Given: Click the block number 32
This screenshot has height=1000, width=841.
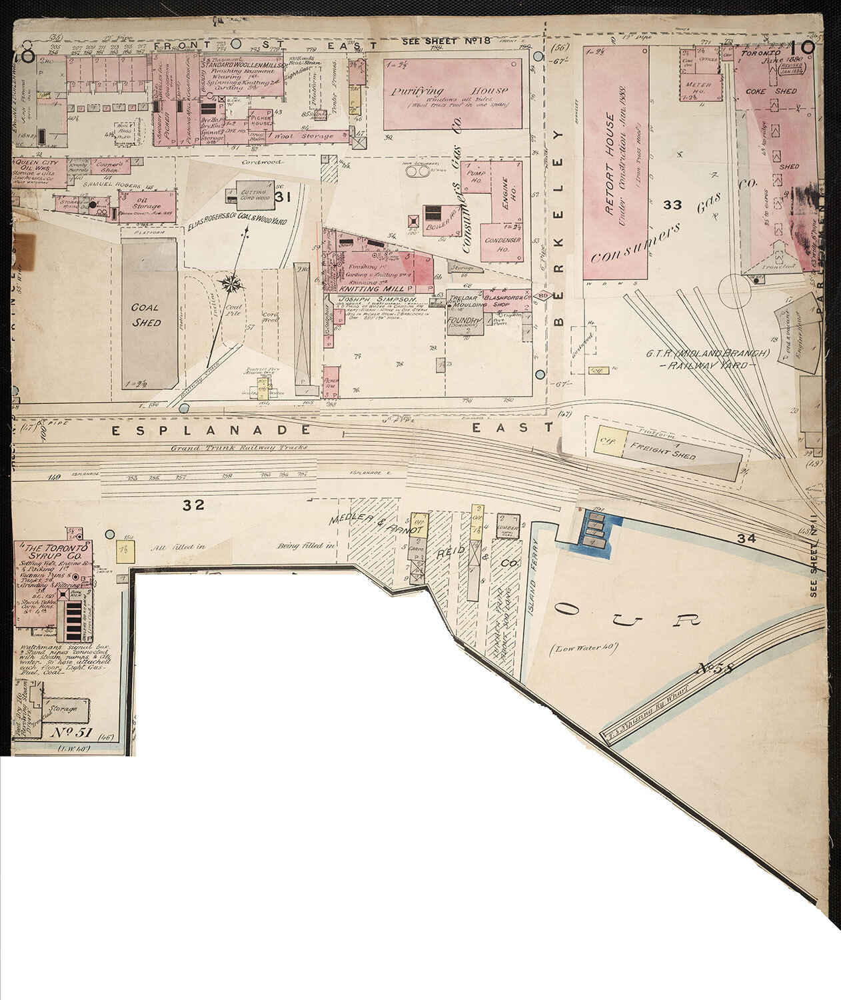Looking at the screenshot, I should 194,505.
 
